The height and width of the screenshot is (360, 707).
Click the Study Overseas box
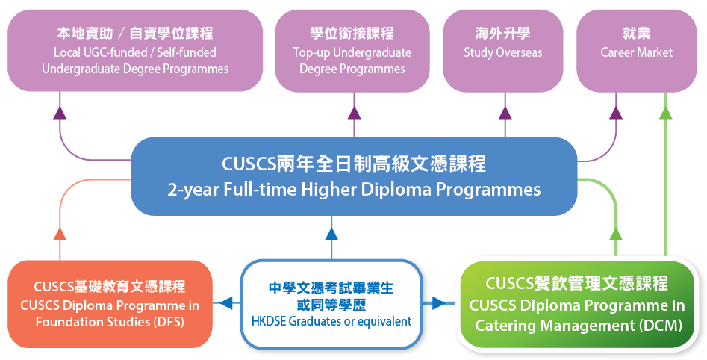coord(502,51)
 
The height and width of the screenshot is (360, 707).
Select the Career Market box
coord(636,51)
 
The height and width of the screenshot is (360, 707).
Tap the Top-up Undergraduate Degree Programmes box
coord(352,51)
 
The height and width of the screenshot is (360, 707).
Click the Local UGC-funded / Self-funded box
coord(135,51)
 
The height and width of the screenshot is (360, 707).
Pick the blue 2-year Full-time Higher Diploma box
coord(354,176)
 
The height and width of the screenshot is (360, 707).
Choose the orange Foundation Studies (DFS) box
coord(110,304)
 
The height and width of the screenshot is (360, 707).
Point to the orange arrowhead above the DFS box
coord(60,234)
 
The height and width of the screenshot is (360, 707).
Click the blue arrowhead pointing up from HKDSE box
coord(331,234)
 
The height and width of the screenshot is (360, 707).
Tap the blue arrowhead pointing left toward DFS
coord(226,303)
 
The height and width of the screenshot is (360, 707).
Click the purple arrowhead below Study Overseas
coord(505,113)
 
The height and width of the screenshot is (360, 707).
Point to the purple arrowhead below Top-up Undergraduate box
coord(354,113)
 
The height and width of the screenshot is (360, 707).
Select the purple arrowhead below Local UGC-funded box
coord(60,113)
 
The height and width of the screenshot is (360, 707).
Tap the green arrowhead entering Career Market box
coord(665,113)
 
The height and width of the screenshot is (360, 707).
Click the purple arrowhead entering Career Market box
coord(616,113)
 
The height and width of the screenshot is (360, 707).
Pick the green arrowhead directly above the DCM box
coord(616,234)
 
